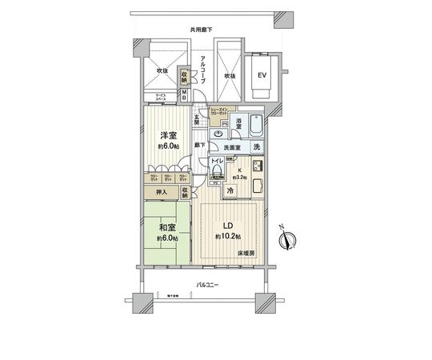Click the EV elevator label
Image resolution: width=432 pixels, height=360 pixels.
coord(260,77)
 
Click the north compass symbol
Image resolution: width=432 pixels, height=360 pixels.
coord(290,238)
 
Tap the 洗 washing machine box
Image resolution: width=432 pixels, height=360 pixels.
coord(256,147)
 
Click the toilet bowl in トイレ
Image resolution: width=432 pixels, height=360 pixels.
coord(215,170)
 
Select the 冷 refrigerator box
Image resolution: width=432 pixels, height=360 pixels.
coord(230,191)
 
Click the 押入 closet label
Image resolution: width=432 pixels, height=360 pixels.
coord(160,192)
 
